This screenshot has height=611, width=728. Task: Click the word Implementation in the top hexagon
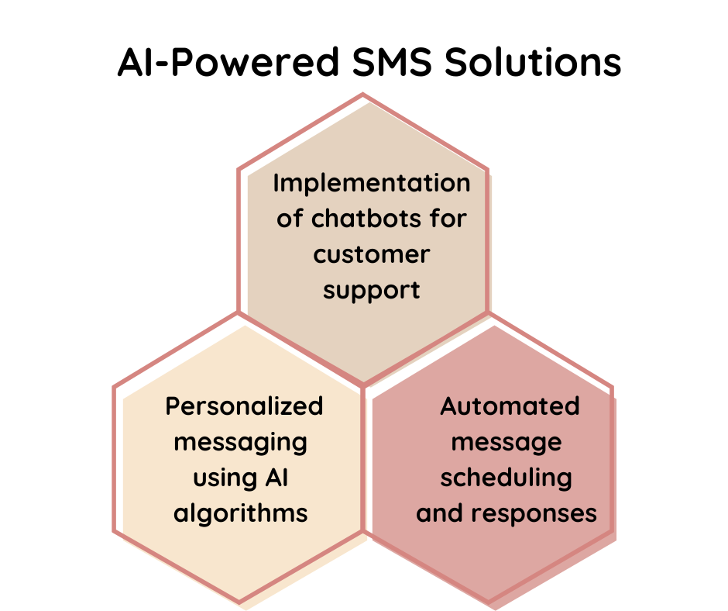click(372, 183)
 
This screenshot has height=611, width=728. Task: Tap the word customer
click(372, 254)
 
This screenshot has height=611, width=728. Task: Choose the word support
click(372, 291)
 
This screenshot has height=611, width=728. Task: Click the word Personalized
click(244, 406)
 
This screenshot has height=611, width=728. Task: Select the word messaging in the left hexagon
click(240, 442)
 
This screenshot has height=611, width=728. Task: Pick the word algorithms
click(240, 513)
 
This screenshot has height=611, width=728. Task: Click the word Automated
click(510, 406)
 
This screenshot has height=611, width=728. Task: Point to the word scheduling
click(507, 478)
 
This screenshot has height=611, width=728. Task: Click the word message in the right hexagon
click(507, 442)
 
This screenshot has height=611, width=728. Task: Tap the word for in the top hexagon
click(445, 219)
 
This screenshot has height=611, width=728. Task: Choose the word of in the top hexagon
click(290, 219)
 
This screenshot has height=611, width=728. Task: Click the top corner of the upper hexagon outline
click(362, 95)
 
